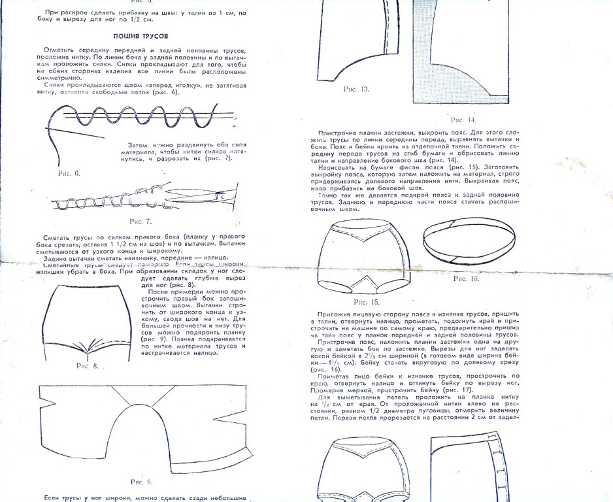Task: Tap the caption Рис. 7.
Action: pyautogui.click(x=141, y=222)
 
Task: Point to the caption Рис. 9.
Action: pyautogui.click(x=141, y=482)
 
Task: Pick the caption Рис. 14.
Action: pyautogui.click(x=463, y=120)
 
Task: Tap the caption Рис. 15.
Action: pyautogui.click(x=366, y=303)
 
